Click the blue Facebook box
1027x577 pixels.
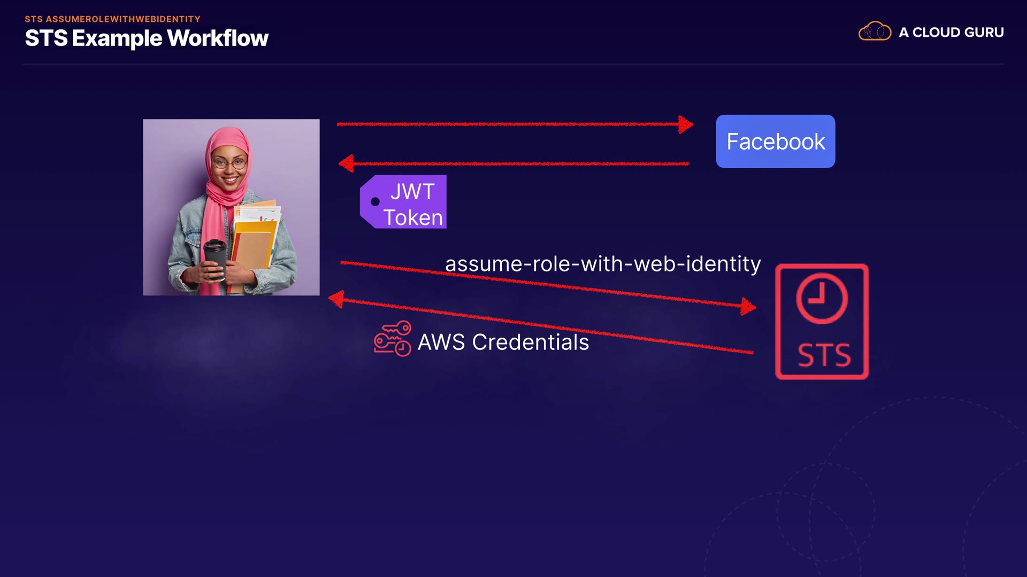tap(775, 141)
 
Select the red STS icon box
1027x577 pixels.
tap(822, 322)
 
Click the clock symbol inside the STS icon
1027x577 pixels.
tap(822, 299)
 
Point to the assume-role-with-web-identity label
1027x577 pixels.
tap(602, 264)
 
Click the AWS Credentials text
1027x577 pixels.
tap(503, 342)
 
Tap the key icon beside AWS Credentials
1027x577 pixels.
tap(392, 338)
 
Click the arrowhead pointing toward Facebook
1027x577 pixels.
tap(685, 124)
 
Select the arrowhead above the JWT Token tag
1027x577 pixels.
tap(347, 163)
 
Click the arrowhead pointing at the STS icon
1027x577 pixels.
tap(748, 307)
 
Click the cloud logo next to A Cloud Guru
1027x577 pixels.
tap(875, 32)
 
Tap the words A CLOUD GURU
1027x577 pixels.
tap(951, 33)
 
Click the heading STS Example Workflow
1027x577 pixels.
tap(147, 38)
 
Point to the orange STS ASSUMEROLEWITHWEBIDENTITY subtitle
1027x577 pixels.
tap(112, 19)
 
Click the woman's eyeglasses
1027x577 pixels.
tap(230, 163)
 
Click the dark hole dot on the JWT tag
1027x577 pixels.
tap(375, 202)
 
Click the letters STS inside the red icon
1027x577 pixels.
tap(824, 355)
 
